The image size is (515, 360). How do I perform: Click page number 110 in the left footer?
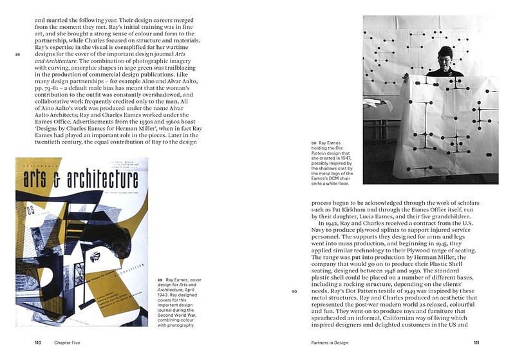click(38, 343)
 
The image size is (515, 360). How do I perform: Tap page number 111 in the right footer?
click(476, 343)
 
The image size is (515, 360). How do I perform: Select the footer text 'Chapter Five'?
click(66, 343)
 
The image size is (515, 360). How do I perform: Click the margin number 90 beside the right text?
click(294, 291)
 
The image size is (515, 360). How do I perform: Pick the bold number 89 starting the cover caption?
click(160, 280)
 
